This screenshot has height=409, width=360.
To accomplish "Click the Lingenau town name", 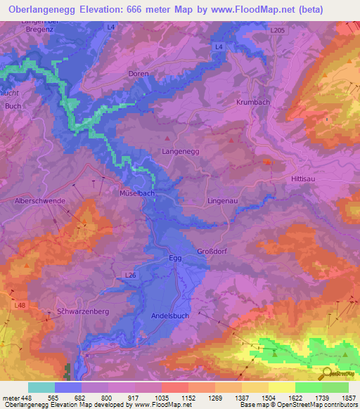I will tap(224, 202).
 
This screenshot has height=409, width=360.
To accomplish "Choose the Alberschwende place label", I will tap(40, 201).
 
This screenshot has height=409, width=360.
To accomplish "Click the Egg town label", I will tap(176, 259).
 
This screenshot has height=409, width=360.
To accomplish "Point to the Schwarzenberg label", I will tap(82, 311).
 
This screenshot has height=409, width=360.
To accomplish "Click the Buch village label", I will tap(13, 106).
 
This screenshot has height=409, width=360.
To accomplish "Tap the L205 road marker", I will tap(278, 31).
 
